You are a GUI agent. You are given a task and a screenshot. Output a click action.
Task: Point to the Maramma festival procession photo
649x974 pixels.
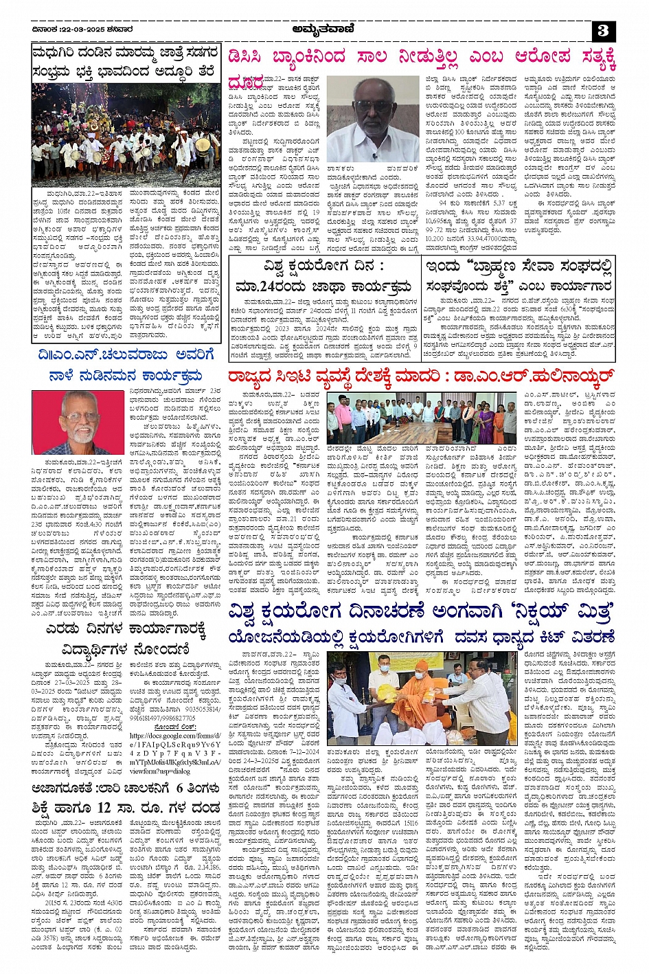(x=126, y=133)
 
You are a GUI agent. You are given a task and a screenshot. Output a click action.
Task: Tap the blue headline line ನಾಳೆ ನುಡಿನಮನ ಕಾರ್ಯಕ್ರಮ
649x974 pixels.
(x=126, y=376)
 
